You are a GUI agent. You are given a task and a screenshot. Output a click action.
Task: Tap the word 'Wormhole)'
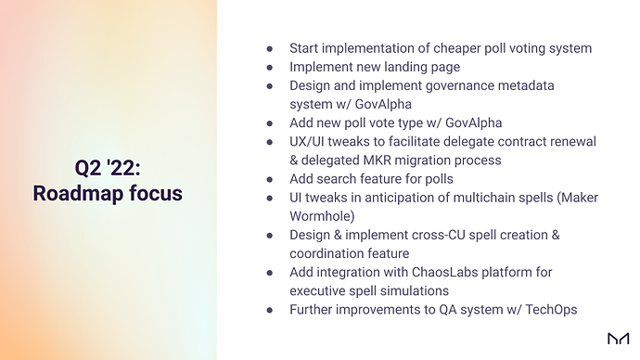pos(322,216)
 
